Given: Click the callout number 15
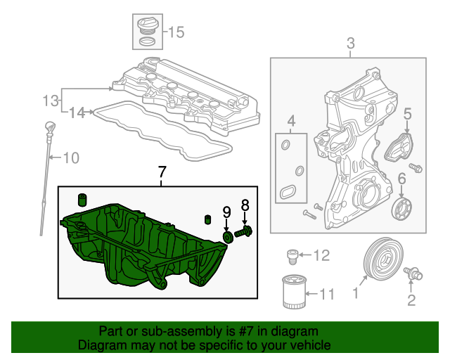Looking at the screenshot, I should [x=175, y=32].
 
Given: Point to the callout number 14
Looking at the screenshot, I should [x=76, y=111].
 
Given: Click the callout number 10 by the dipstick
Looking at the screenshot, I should [x=72, y=157].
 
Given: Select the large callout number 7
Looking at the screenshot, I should [x=162, y=172].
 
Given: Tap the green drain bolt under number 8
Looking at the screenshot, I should [x=244, y=231].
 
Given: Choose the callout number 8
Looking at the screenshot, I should [x=245, y=205].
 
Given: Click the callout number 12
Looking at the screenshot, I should [x=321, y=255].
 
